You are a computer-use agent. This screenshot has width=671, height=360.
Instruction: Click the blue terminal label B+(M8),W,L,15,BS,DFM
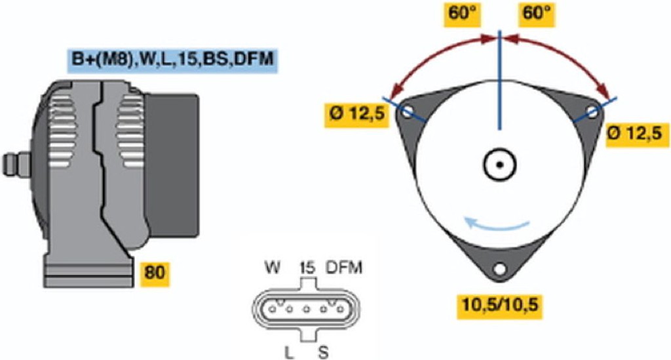point(172,60)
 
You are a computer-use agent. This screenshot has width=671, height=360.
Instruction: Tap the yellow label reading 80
point(155,272)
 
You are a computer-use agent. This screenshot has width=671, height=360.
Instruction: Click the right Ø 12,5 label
point(637,134)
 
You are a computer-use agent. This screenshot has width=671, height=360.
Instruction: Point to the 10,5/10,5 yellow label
point(499,306)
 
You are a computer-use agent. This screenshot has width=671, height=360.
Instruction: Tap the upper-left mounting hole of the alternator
point(407,111)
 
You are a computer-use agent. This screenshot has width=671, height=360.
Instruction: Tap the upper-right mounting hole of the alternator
point(592,112)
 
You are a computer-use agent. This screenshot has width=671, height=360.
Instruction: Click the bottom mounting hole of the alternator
point(499,269)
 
